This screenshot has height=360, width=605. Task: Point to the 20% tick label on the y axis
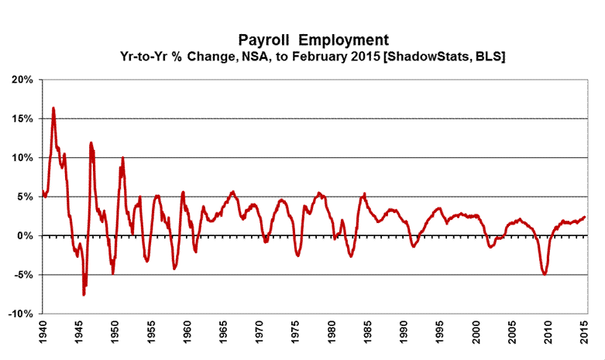tap(22, 80)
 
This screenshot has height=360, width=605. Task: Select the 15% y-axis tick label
tap(22, 118)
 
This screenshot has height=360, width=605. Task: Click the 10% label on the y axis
tap(22, 158)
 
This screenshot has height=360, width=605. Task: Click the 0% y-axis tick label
tap(25, 235)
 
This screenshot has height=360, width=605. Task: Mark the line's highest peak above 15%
tap(53, 108)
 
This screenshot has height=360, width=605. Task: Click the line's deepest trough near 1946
tap(84, 295)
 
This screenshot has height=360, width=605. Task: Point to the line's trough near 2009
tap(545, 274)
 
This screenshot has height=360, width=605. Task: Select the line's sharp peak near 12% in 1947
tap(91, 142)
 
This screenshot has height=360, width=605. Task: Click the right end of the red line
tap(584, 217)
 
